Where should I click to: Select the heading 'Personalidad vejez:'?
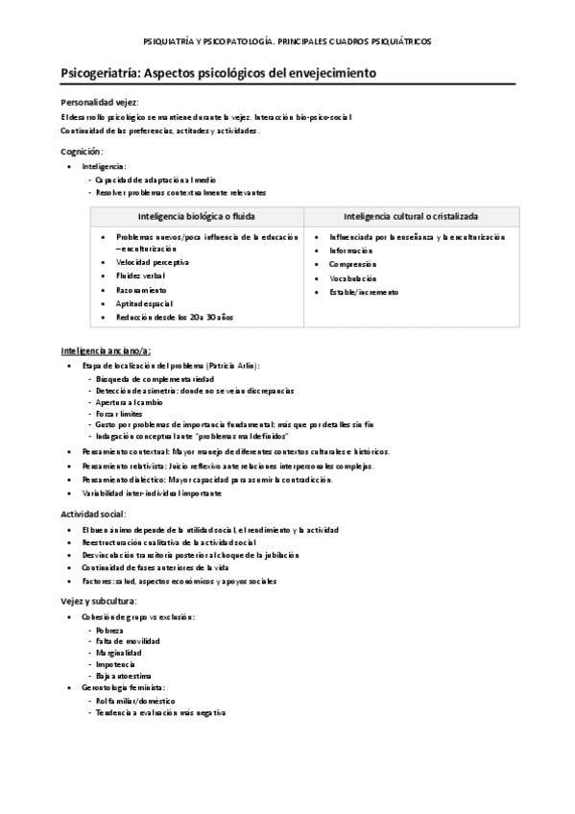99,102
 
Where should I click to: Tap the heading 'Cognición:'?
81,152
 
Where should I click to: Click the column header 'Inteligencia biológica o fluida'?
196,216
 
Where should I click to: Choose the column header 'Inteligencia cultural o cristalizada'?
412,216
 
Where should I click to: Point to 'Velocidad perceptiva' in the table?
153,262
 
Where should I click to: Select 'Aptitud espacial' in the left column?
144,302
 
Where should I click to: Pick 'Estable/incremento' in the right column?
364,291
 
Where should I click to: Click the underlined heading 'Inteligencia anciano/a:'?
105,351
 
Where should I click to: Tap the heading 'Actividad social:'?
93,514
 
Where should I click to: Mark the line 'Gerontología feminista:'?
123,688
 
